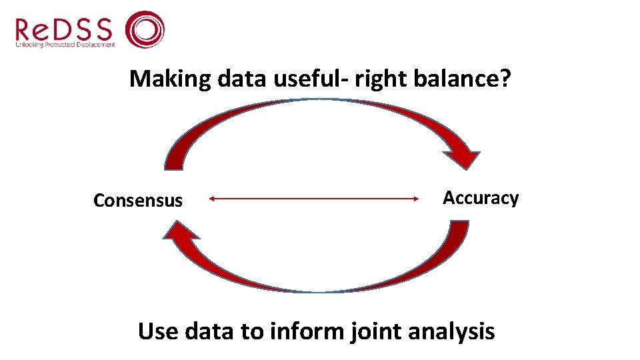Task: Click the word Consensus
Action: click(138, 200)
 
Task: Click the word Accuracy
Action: click(481, 198)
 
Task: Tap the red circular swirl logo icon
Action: click(145, 29)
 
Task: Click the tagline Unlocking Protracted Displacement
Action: click(65, 45)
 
